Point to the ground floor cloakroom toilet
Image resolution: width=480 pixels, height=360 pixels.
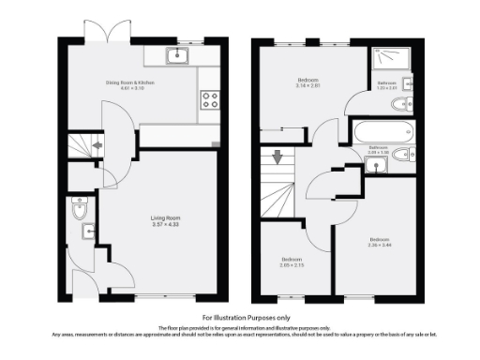pyautogui.click(x=78, y=209)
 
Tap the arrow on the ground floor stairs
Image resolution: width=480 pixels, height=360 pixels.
pyautogui.click(x=97, y=146)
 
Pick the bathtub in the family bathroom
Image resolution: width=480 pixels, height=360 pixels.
pyautogui.click(x=382, y=129)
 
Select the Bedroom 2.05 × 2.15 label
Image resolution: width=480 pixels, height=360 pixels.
pyautogui.click(x=293, y=262)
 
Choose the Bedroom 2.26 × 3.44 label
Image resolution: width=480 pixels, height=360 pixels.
pyautogui.click(x=380, y=240)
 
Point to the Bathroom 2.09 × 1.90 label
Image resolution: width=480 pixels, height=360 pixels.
pyautogui.click(x=379, y=149)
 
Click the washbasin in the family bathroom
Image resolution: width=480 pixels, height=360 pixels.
pyautogui.click(x=377, y=166)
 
